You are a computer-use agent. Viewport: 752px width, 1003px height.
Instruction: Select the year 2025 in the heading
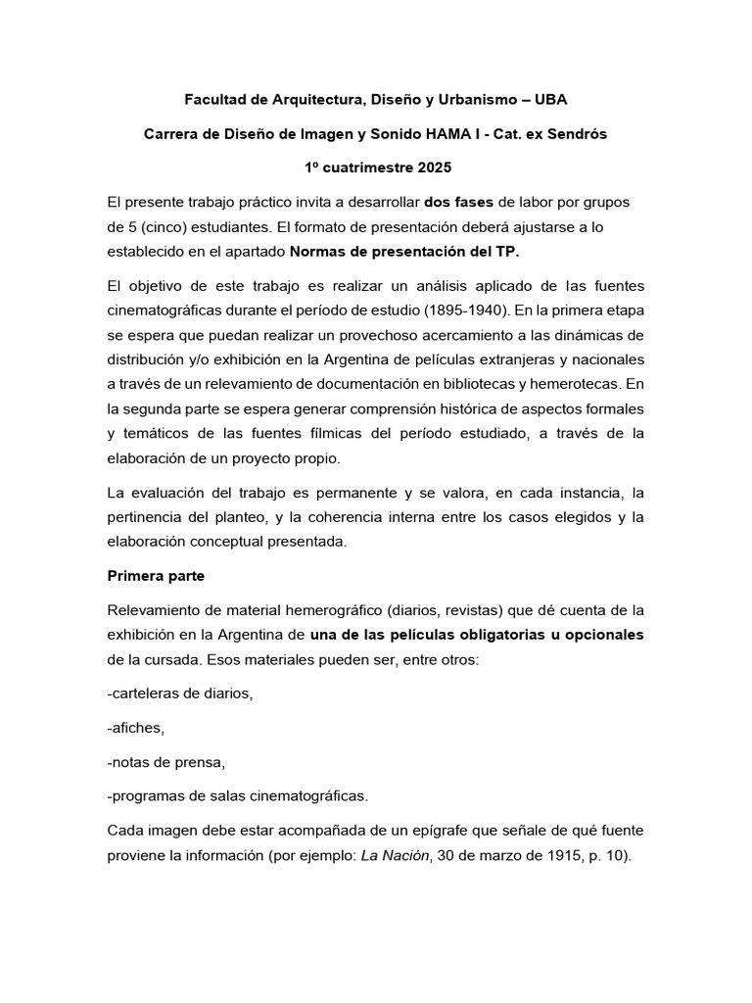tap(433, 167)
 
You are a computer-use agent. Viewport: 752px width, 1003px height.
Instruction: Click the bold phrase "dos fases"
tap(459, 202)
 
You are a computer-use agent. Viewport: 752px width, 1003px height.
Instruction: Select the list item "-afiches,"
tap(137, 728)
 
